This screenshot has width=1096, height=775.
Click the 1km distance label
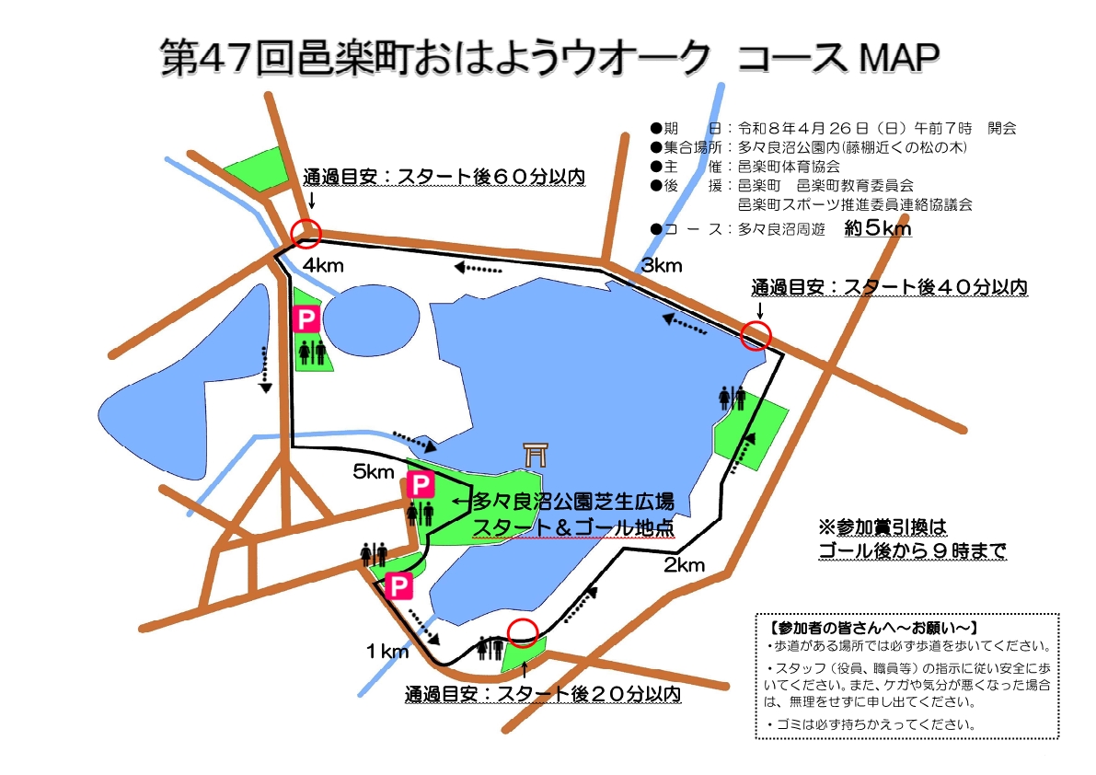pos(386,652)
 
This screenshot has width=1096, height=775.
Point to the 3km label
pos(662,266)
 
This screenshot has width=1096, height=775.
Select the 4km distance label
pos(322,267)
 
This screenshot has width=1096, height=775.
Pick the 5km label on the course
pos(374,472)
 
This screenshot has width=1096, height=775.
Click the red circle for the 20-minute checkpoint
pos(523,632)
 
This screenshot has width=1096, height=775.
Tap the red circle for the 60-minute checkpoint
pos(306,233)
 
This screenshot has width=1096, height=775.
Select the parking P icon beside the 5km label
pos(421,484)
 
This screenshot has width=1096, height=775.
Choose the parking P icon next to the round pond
pos(305,319)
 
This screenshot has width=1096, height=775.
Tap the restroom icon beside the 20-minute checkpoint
pos(490,649)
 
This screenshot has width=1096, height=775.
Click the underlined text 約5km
pos(877,229)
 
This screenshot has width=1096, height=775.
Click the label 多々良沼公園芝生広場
pos(572,503)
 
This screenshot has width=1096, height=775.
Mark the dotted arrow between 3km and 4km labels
pos(479,268)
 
